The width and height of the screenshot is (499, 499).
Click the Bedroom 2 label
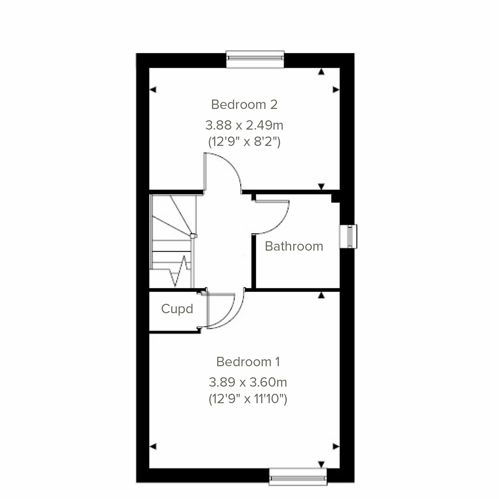click(x=244, y=104)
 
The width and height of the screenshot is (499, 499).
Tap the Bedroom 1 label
click(x=248, y=362)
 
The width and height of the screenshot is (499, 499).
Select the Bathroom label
click(x=294, y=246)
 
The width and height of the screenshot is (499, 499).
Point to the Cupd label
click(x=177, y=309)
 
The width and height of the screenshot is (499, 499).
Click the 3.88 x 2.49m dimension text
click(x=244, y=125)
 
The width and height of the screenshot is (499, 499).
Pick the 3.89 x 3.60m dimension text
click(x=248, y=382)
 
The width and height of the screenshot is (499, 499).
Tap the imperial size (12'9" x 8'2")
click(x=244, y=142)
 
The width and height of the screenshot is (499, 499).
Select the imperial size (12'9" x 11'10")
click(x=248, y=399)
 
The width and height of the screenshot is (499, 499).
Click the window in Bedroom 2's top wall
click(x=255, y=59)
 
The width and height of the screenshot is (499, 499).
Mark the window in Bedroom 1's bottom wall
click(x=298, y=477)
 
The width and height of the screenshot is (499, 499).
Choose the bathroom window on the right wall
click(x=348, y=237)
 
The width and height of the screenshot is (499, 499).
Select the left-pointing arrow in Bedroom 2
click(x=153, y=89)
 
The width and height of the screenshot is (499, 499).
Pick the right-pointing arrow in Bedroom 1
click(x=336, y=447)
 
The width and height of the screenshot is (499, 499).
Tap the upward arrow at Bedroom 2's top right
click(x=321, y=72)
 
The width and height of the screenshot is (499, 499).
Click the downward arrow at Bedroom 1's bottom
click(x=321, y=464)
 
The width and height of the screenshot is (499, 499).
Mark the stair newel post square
click(x=193, y=236)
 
